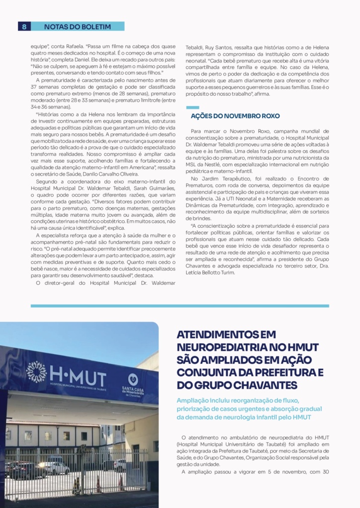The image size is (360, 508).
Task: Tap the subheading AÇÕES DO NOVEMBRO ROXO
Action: (235, 116)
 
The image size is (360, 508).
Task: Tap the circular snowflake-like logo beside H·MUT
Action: (36, 372)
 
